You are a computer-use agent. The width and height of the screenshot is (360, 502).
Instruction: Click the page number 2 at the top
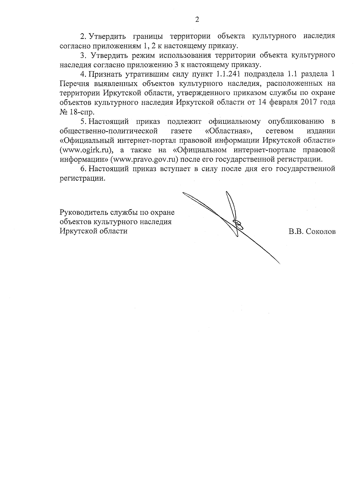click(197, 20)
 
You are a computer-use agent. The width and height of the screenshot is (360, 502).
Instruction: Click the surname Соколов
click(321, 232)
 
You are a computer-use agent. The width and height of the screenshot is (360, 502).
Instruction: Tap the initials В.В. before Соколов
click(296, 232)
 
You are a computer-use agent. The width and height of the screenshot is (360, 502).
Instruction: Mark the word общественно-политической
click(109, 131)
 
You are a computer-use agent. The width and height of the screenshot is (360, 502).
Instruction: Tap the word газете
click(181, 131)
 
